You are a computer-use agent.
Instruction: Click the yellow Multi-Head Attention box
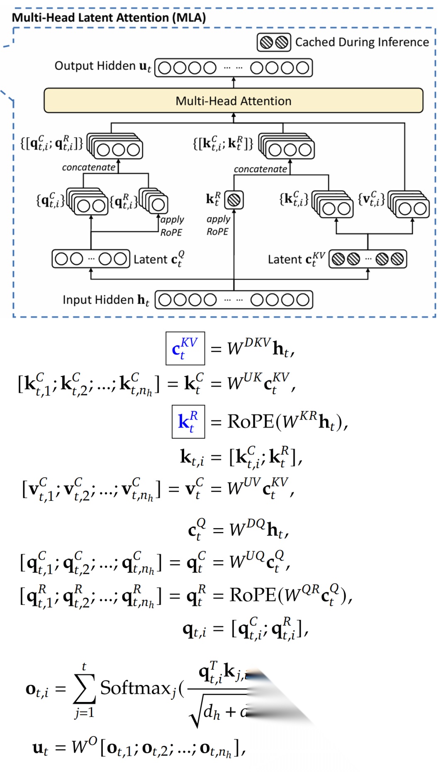point(233,100)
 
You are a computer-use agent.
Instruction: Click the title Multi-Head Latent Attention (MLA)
point(109,17)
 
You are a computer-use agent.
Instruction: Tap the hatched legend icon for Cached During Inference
point(274,42)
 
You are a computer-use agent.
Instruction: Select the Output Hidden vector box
point(234,68)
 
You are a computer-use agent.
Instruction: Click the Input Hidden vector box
point(234,300)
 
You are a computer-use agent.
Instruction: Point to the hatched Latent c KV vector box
point(368,259)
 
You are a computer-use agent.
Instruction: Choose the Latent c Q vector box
point(91,259)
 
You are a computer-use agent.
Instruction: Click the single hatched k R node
point(234,200)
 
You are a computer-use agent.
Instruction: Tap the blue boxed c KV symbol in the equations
point(185,349)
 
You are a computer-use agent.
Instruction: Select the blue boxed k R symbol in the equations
point(188,422)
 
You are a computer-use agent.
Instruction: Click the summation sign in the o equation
point(84,689)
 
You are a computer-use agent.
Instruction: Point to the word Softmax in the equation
point(135,688)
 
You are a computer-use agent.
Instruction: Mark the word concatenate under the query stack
point(88,168)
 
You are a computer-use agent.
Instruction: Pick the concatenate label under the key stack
point(260,169)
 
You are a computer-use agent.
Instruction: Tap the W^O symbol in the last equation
point(84,747)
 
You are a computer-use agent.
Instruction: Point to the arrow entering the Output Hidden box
point(234,82)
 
